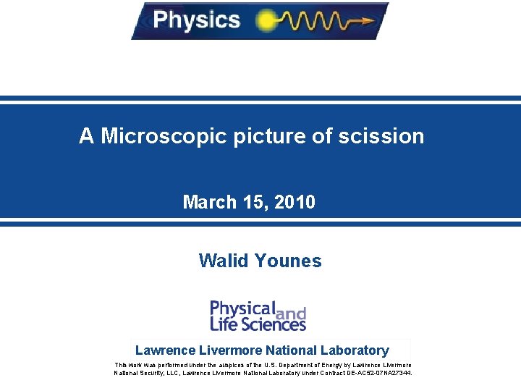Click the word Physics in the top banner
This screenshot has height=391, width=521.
click(x=196, y=20)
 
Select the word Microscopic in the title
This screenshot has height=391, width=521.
click(x=164, y=136)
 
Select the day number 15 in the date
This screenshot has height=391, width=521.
click(x=257, y=202)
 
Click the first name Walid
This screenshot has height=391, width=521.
click(x=222, y=261)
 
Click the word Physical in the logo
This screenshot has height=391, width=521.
click(x=242, y=308)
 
